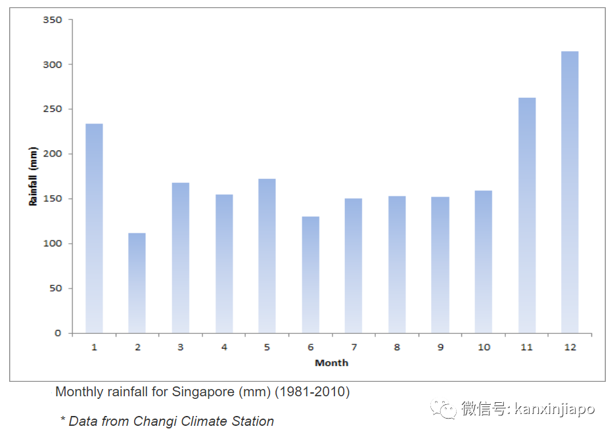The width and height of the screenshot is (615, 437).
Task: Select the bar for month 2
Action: tap(137, 283)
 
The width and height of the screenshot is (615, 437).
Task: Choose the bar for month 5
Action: tap(267, 256)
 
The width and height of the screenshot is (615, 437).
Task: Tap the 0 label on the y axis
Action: tap(58, 333)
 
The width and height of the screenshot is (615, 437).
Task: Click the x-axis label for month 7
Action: tap(353, 347)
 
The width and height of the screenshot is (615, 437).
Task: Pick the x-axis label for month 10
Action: tap(484, 347)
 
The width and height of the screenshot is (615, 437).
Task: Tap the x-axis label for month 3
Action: tap(180, 347)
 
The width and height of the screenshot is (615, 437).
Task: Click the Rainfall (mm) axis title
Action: tap(32, 177)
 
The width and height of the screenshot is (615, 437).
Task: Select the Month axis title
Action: tap(331, 363)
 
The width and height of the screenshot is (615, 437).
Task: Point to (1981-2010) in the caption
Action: tap(312, 392)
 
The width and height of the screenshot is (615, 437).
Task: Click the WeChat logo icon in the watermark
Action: tap(444, 409)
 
